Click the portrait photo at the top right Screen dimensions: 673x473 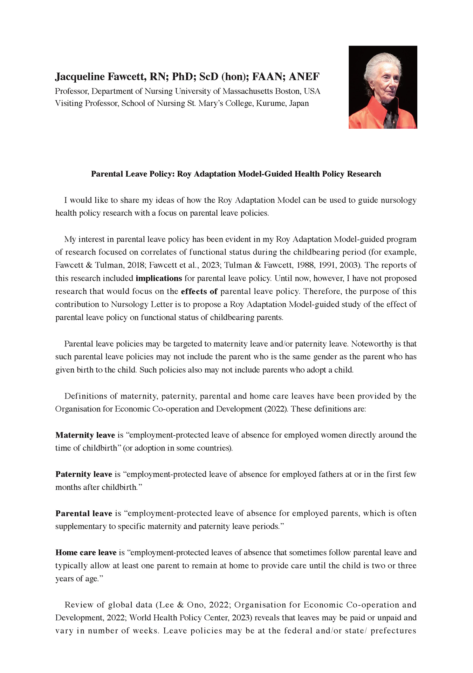[x=383, y=87]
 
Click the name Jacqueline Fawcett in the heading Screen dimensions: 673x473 [x=100, y=76]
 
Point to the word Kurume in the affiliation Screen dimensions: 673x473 [x=270, y=103]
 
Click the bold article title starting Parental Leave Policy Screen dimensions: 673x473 [x=236, y=174]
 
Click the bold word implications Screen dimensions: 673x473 [x=159, y=278]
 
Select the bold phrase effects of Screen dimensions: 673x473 [x=199, y=291]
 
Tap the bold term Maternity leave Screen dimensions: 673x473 [x=85, y=435]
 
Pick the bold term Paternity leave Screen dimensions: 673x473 [x=84, y=474]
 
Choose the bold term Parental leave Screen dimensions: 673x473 [x=84, y=514]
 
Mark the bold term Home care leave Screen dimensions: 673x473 [x=86, y=553]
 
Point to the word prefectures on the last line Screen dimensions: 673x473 [x=393, y=631]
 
